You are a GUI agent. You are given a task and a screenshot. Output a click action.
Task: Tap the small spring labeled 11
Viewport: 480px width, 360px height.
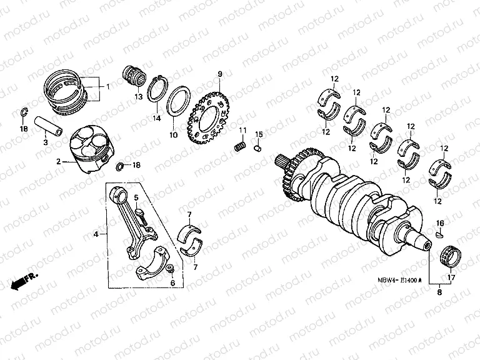click(239, 147)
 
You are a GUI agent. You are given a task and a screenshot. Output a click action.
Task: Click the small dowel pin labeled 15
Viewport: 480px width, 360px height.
click(256, 148)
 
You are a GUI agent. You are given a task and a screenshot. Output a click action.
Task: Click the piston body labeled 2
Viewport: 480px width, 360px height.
click(93, 151)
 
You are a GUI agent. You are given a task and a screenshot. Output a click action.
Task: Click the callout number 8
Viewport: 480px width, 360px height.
click(439, 292)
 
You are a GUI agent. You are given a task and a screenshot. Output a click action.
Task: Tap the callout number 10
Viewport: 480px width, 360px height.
click(174, 134)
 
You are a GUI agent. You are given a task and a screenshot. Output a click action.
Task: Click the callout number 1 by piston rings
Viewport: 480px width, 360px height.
click(107, 86)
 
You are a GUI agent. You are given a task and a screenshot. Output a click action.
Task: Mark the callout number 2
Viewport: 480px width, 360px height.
click(57, 161)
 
